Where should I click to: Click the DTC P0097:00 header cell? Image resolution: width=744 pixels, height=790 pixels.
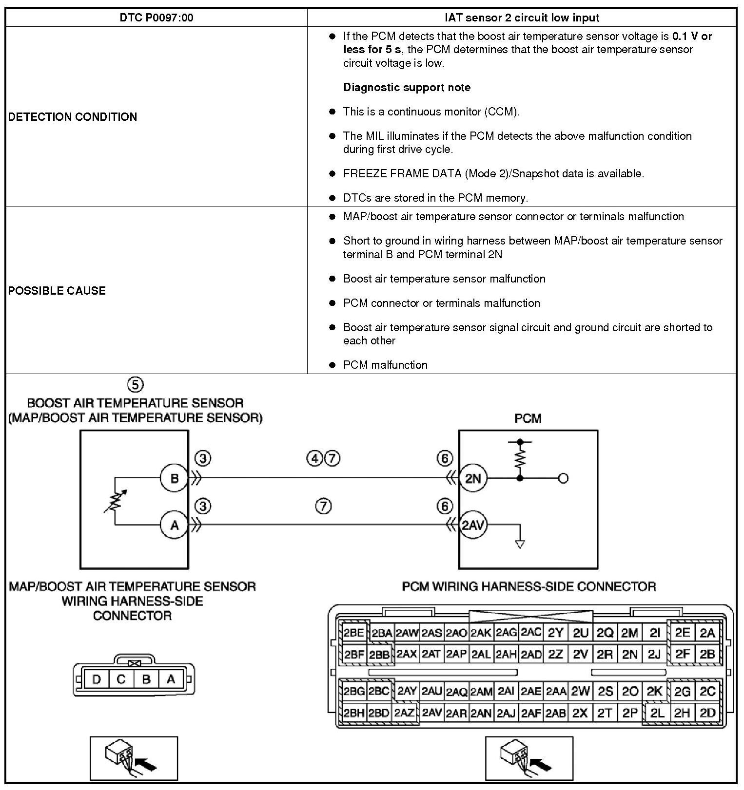156,18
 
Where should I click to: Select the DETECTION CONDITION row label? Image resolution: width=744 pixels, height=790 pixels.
73,117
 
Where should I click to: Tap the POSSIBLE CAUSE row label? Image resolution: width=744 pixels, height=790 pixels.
57,291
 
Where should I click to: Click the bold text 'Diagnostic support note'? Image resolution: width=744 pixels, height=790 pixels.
407,88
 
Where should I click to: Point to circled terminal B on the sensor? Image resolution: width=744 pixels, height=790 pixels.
174,478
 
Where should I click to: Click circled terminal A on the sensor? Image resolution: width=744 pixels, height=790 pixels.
174,526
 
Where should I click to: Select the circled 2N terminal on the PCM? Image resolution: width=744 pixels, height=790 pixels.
473,478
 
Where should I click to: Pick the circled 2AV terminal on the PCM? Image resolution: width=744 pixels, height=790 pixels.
473,526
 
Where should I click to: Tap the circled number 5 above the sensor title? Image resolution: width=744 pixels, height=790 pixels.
135,385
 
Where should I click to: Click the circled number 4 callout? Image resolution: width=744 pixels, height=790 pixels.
315,458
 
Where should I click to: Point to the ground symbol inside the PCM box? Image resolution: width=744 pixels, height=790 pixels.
520,544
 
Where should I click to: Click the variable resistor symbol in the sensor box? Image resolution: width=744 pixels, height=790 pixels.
115,502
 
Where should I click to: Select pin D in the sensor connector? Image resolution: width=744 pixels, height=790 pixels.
96,679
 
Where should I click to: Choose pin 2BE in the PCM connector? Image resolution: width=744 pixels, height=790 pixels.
353,633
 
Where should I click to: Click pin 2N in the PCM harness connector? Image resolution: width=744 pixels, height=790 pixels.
629,655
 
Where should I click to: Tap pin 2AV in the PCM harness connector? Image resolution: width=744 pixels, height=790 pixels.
431,713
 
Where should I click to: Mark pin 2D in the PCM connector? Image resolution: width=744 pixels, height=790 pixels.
707,713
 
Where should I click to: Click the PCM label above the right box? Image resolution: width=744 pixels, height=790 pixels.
528,418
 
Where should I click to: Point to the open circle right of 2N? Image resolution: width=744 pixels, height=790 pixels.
563,478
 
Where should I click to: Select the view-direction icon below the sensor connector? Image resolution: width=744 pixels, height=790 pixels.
134,758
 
